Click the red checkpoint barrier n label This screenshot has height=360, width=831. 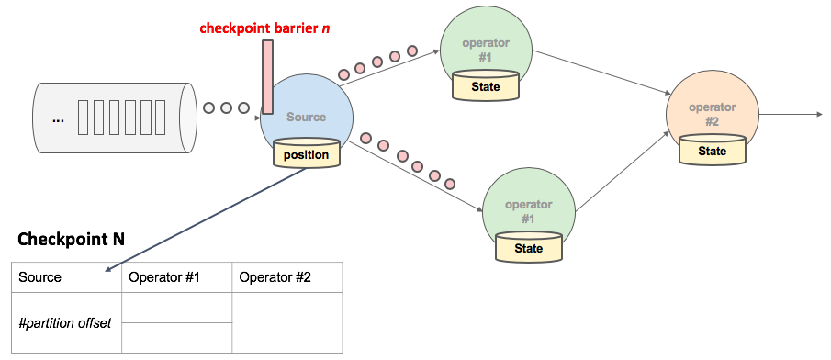[x=264, y=28]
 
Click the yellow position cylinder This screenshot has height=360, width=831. [x=306, y=154]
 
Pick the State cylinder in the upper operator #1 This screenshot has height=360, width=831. [x=486, y=86]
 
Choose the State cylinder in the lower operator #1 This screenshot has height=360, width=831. [x=528, y=248]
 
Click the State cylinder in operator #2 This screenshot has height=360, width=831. [x=712, y=151]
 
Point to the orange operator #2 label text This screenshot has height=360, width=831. [x=713, y=114]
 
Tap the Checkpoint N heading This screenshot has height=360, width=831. [x=72, y=239]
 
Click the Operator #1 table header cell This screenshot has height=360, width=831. [x=176, y=277]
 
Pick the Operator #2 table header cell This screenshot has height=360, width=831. [x=286, y=277]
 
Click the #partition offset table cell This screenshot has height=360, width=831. [x=65, y=322]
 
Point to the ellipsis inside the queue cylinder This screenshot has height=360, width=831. [x=58, y=118]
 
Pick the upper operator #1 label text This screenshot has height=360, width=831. [x=486, y=50]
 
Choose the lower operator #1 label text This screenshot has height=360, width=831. [x=528, y=211]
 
